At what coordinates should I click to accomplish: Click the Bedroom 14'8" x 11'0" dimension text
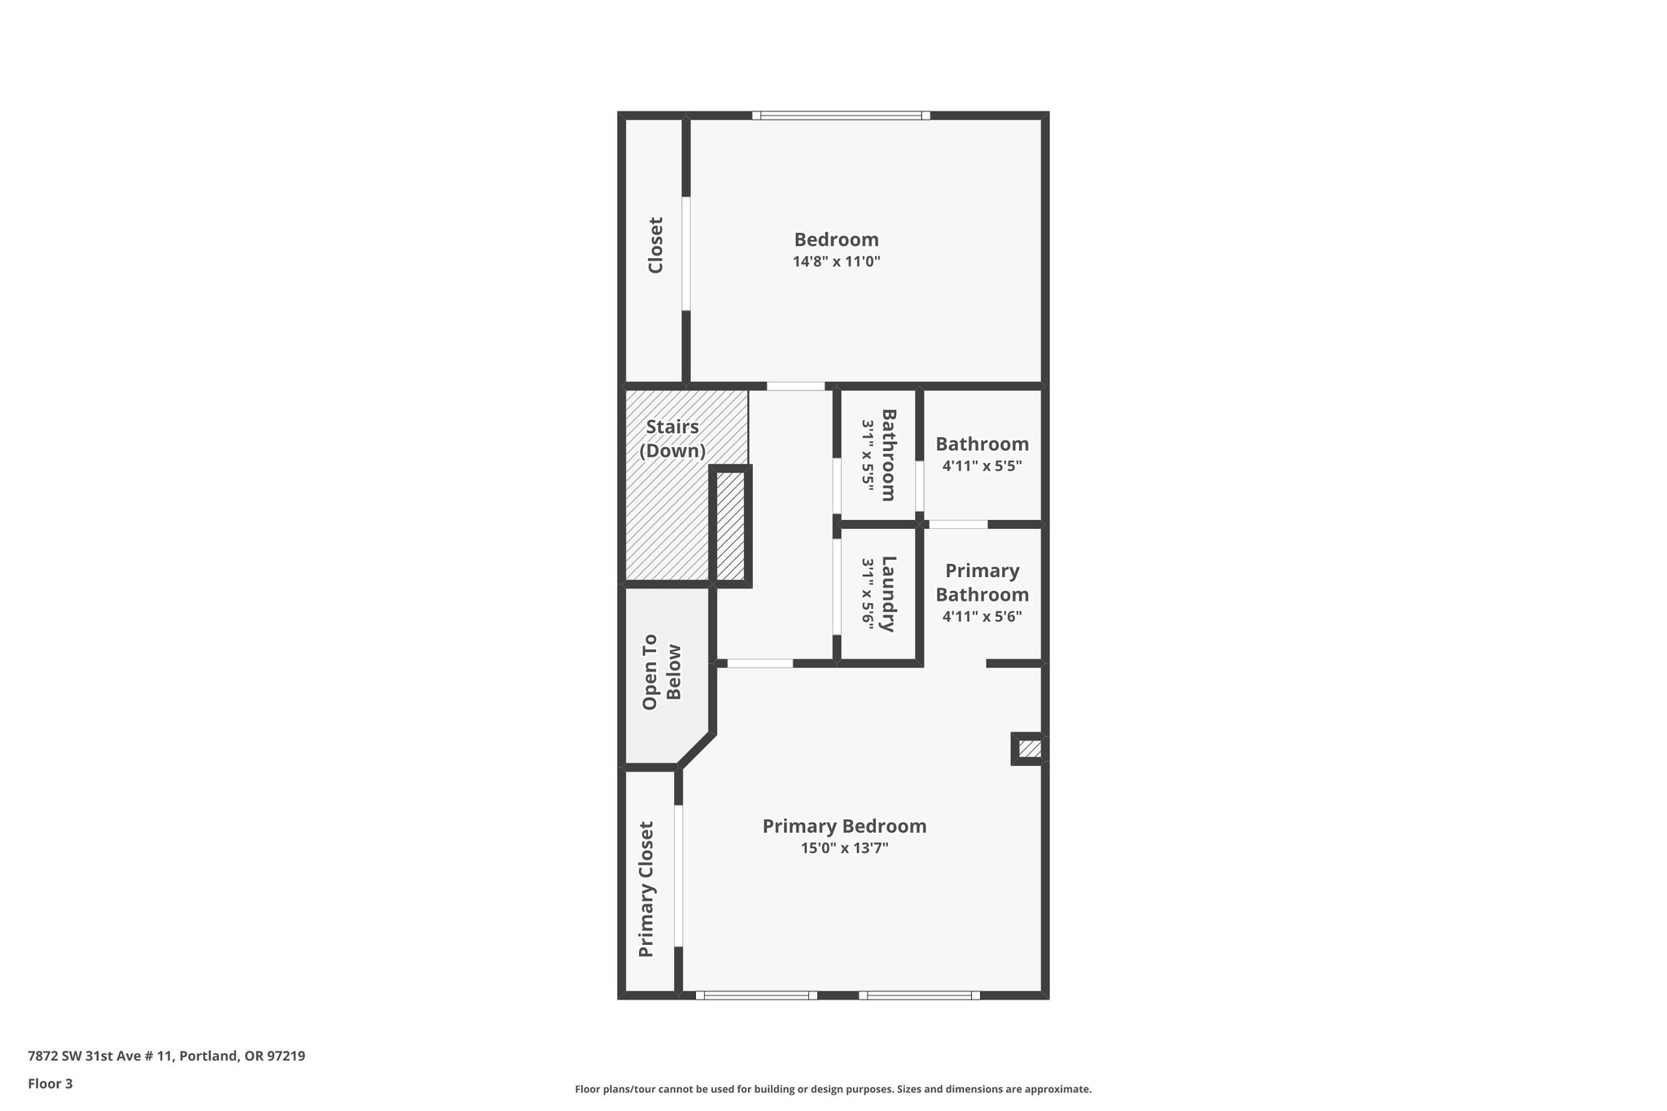click(x=837, y=262)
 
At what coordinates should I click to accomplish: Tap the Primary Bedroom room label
click(x=844, y=826)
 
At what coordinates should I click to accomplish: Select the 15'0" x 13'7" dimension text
click(x=844, y=848)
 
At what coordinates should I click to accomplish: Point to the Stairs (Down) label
click(x=672, y=439)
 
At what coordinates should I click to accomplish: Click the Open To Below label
click(x=662, y=672)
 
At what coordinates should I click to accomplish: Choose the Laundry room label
click(x=888, y=593)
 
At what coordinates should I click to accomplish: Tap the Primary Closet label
click(x=646, y=889)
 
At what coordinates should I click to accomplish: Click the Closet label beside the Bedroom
click(x=655, y=245)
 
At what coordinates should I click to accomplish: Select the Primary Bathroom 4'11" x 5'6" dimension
click(x=982, y=617)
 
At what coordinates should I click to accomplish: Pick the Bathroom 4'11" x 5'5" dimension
click(x=982, y=466)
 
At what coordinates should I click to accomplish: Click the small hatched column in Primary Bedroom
click(x=1030, y=749)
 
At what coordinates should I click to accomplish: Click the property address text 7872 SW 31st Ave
click(x=166, y=1056)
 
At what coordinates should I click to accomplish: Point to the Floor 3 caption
click(x=50, y=1083)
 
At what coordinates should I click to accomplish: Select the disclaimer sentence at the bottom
click(x=833, y=1089)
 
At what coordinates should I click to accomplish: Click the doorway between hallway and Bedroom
click(x=795, y=386)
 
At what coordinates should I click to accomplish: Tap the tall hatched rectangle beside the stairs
click(x=730, y=526)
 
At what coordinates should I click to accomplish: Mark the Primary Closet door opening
click(x=678, y=876)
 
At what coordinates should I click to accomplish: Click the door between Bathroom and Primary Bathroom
click(x=957, y=524)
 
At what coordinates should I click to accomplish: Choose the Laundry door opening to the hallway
click(x=836, y=586)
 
